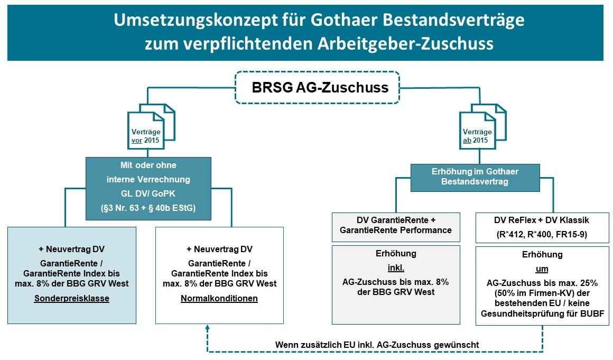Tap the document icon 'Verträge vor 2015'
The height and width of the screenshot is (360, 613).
[x=151, y=127]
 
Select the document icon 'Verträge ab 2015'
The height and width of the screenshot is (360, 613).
[x=482, y=127]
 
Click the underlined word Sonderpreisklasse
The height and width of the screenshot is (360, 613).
[x=71, y=299]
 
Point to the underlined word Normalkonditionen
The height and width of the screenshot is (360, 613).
[x=219, y=299]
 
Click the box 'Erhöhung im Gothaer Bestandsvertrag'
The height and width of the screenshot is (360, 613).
[x=475, y=178]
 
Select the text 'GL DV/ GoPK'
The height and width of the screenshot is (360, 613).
[x=148, y=193]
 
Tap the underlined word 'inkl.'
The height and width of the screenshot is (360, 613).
[x=396, y=268]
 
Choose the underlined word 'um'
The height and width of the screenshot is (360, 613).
[x=542, y=269]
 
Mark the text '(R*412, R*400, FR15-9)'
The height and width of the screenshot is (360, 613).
[x=542, y=235]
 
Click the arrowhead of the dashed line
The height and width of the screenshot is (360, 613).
[x=208, y=328]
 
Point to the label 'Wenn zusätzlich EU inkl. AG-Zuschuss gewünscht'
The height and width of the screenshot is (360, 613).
[x=377, y=345]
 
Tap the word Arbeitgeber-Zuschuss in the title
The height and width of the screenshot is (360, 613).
[x=405, y=43]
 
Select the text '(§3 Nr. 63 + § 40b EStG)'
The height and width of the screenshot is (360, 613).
[x=148, y=208]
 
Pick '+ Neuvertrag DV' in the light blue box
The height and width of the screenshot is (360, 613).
[x=71, y=250]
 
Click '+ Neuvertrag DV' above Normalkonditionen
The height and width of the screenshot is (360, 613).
[x=219, y=250]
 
